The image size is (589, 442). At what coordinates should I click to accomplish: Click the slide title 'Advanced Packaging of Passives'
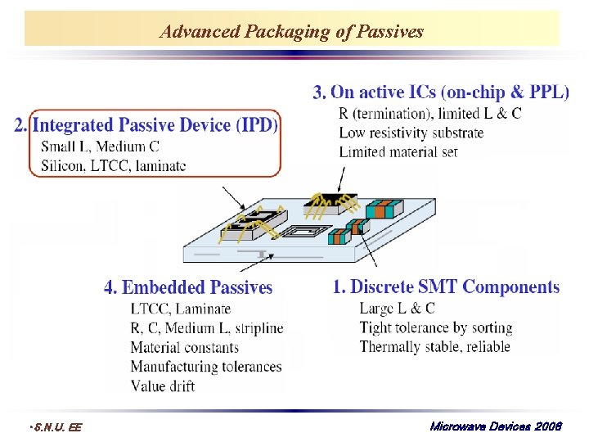292,32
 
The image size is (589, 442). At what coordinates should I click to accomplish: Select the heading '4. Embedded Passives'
187,287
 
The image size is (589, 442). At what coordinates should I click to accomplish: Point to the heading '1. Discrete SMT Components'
446,287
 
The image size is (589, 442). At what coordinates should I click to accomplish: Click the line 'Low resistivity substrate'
411,133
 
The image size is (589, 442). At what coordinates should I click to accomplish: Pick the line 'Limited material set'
398,151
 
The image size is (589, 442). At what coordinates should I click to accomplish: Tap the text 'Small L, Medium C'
100,147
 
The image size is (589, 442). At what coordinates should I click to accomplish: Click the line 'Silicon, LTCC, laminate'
113,165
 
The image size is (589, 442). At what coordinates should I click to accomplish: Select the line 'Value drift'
163,386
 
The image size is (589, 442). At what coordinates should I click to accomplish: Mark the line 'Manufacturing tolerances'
206,367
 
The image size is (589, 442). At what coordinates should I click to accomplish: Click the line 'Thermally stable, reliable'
434,346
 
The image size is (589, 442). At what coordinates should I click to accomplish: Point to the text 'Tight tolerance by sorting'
435,327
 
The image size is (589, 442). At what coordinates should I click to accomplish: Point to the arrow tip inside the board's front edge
261,256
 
